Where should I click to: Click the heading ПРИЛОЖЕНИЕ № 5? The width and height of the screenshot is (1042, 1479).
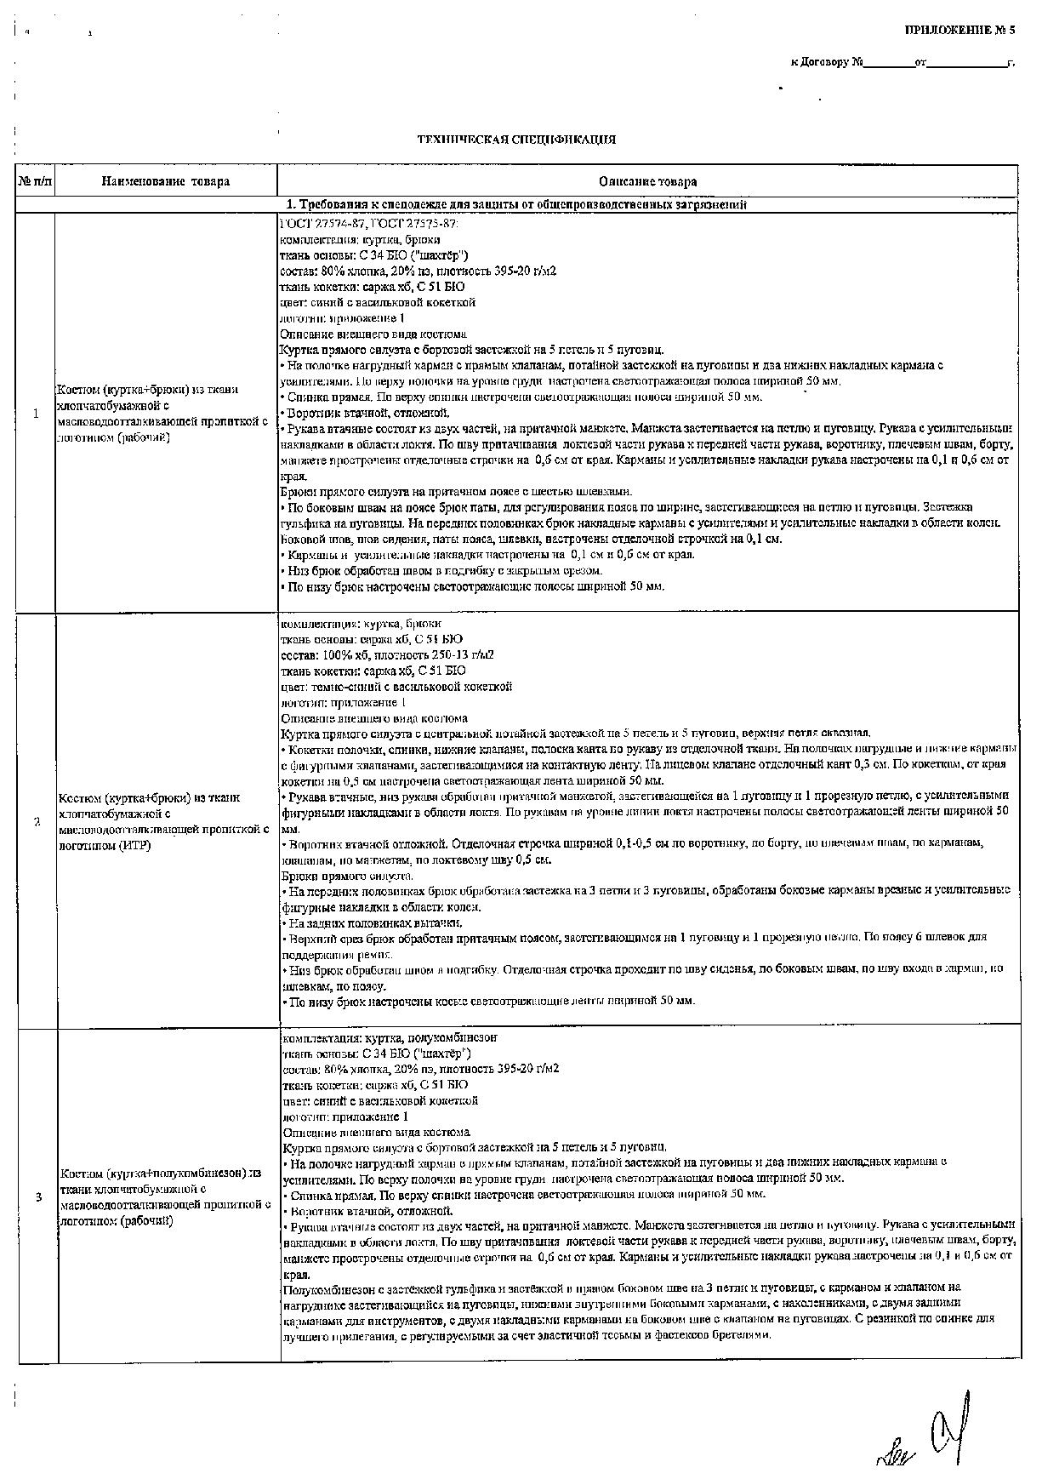[x=959, y=30]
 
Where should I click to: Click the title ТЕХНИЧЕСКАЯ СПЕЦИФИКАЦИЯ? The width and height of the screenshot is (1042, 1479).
[x=516, y=140]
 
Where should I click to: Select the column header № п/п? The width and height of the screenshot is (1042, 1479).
[x=36, y=181]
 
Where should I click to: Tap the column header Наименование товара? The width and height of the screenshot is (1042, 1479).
[x=166, y=181]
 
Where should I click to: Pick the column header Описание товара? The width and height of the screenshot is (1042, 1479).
[x=647, y=181]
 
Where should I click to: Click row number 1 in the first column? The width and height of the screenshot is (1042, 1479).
[x=36, y=414]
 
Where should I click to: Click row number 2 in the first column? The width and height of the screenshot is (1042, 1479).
[x=36, y=822]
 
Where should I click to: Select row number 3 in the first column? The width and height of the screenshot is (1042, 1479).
[x=38, y=1197]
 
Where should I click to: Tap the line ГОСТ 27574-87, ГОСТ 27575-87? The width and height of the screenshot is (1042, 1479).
[x=369, y=223]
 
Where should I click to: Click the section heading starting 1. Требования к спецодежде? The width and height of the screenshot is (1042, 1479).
[x=516, y=205]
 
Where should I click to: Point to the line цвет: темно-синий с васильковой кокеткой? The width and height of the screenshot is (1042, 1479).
[x=396, y=687]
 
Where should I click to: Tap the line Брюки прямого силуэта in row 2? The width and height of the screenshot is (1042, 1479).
[x=347, y=876]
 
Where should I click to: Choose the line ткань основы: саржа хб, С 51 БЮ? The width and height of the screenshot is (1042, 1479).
[x=372, y=639]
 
